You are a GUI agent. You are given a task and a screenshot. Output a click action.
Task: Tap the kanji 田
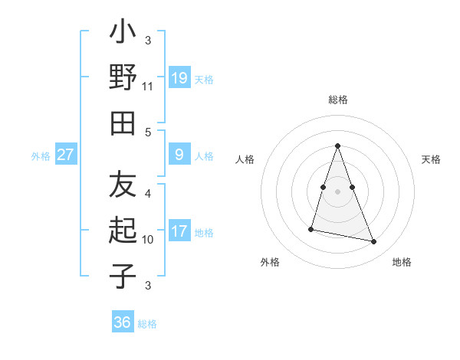[123, 123]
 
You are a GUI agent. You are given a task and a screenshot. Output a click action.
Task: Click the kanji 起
[123, 231]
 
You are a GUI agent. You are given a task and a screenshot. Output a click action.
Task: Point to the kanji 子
[123, 277]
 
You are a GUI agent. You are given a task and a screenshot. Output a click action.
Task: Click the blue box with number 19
[179, 78]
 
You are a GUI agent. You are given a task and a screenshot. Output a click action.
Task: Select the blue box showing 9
[179, 155]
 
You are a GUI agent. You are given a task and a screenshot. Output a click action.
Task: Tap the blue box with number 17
[179, 231]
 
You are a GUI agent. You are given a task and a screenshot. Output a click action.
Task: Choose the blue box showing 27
[66, 155]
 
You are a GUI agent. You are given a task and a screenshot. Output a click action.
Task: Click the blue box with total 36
[122, 322]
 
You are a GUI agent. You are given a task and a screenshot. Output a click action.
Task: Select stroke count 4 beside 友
[148, 193]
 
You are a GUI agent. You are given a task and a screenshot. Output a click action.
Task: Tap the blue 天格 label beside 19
[204, 79]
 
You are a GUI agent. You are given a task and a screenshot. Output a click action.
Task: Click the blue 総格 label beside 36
[147, 324]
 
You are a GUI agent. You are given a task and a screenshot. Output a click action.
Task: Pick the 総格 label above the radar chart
[337, 100]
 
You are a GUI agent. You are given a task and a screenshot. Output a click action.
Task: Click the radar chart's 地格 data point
[374, 242]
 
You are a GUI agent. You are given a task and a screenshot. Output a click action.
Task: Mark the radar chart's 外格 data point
[311, 229]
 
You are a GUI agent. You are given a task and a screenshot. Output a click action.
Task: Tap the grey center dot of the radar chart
[337, 191]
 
